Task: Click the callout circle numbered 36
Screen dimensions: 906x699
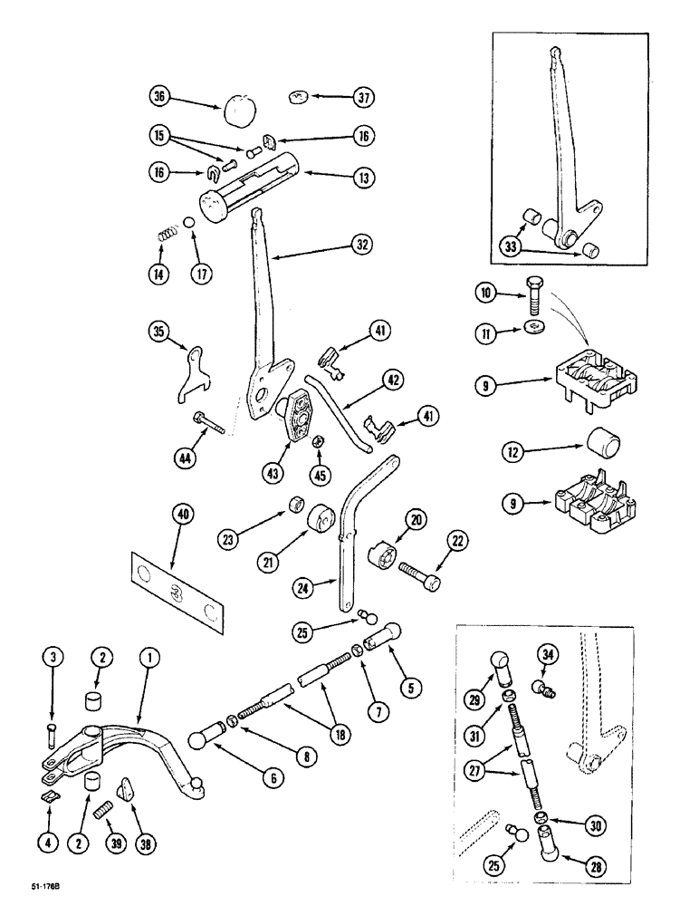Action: pyautogui.click(x=160, y=95)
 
